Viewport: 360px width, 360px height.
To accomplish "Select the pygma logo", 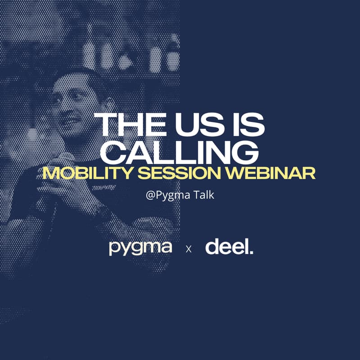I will click(x=140, y=248).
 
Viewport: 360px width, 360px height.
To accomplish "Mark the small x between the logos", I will click(x=189, y=249).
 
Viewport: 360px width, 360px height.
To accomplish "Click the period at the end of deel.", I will click(x=251, y=252).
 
